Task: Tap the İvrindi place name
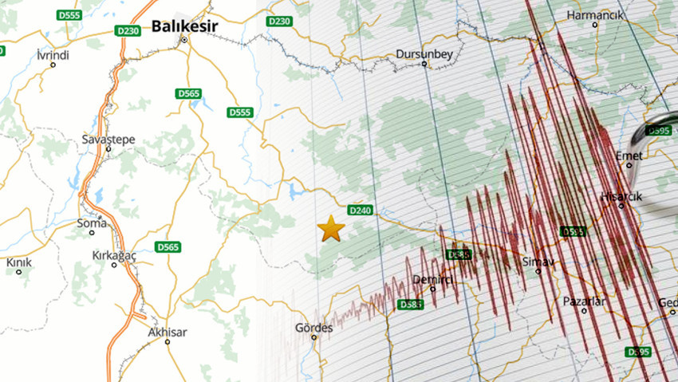[53, 55]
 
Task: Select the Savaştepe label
[108, 139]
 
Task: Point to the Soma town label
[92, 223]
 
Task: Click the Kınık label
[18, 262]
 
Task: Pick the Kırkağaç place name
[115, 253]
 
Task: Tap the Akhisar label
[167, 331]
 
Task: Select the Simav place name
[537, 261]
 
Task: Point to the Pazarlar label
[584, 301]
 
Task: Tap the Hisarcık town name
[620, 195]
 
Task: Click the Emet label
[629, 155]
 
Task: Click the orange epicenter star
[331, 229]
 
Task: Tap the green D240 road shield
[360, 210]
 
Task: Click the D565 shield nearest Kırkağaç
[168, 247]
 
